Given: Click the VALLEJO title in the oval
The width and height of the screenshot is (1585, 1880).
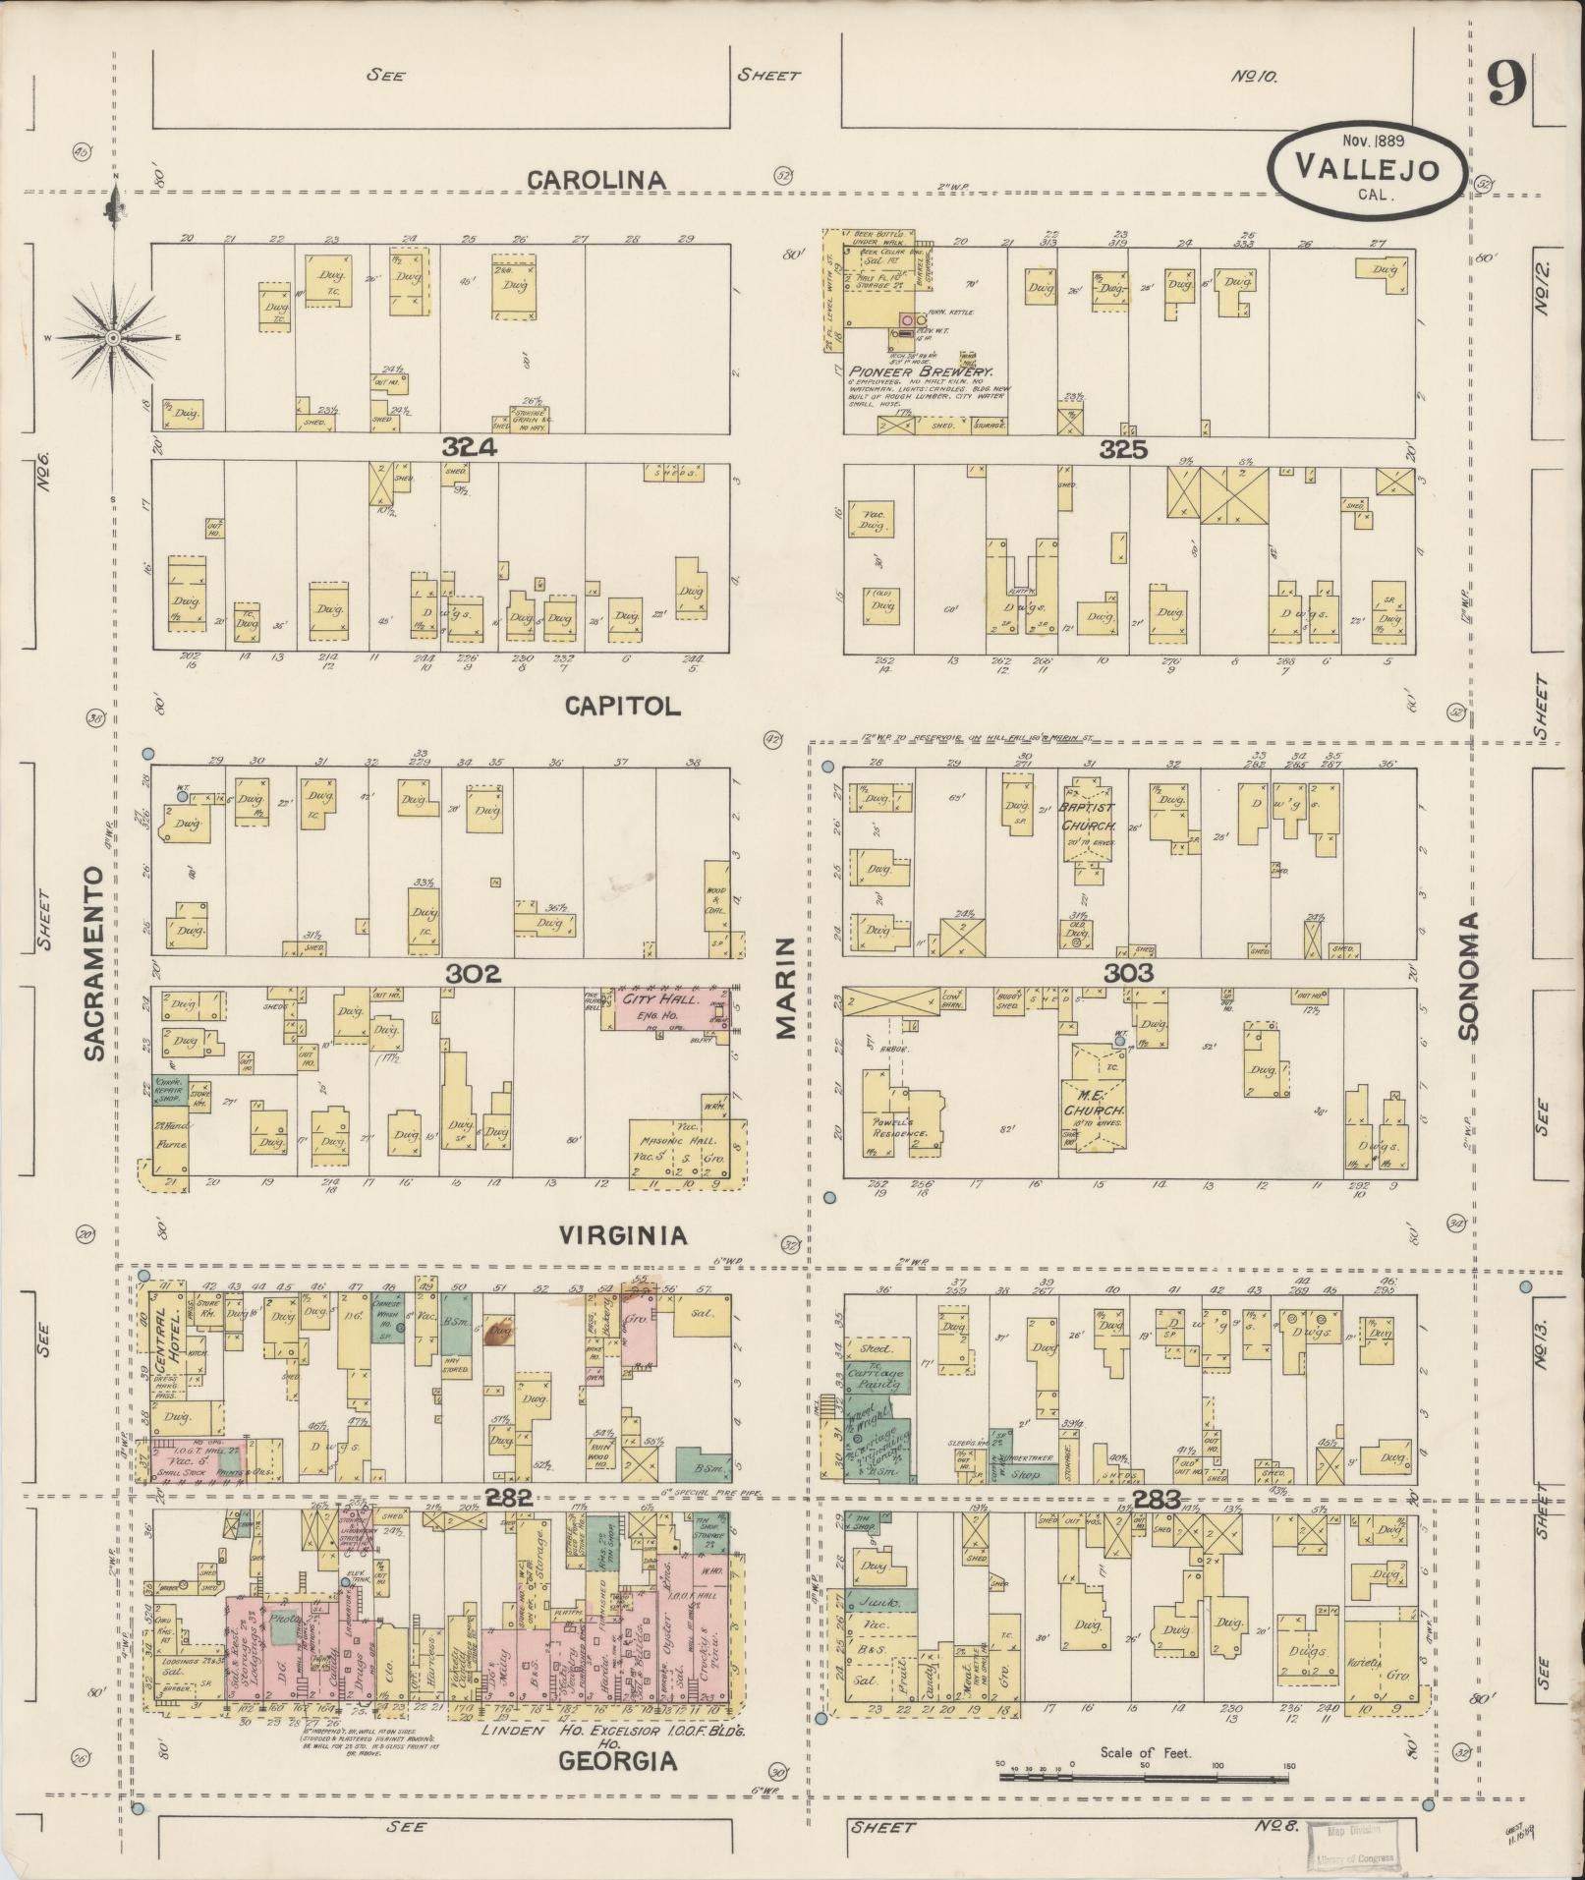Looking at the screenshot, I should [1367, 167].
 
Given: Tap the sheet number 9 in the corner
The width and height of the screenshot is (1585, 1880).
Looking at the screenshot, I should [1505, 85].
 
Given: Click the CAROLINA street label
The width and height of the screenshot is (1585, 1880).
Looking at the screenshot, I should [596, 180].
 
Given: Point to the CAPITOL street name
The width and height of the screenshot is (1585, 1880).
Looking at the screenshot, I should [622, 706].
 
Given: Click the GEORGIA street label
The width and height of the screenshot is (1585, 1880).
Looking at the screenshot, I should [618, 1761].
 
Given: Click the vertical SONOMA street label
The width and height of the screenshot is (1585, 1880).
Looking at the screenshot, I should [1468, 976].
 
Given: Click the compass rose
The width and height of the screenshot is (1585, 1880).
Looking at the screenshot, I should [113, 337].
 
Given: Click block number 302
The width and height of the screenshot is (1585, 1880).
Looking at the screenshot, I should [473, 973].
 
